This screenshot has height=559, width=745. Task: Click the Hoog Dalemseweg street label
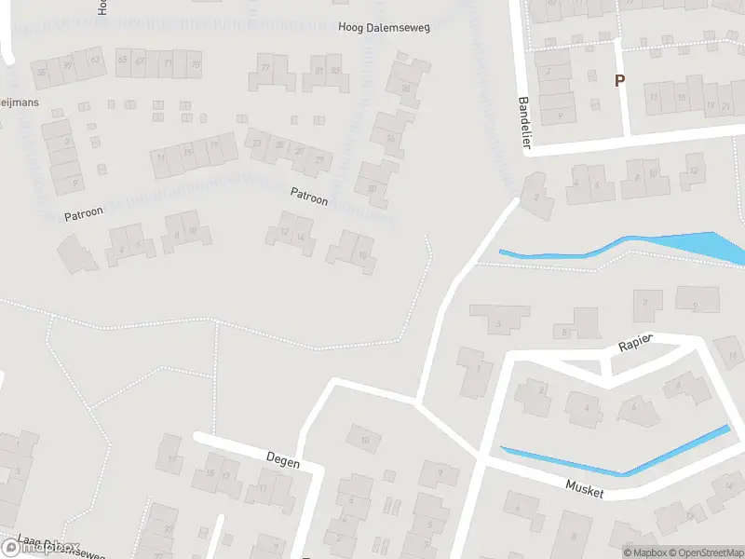point(384,29)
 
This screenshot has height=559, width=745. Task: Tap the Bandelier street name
point(523,118)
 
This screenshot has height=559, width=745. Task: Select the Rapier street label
point(637,345)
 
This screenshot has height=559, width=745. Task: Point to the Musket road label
point(585,488)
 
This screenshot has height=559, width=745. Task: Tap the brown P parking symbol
point(619,80)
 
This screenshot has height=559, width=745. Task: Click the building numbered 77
point(265,69)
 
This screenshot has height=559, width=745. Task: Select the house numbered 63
point(95,61)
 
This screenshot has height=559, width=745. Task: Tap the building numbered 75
point(195,64)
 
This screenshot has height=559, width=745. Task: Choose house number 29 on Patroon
point(319,160)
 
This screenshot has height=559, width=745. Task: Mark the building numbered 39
point(67,65)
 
